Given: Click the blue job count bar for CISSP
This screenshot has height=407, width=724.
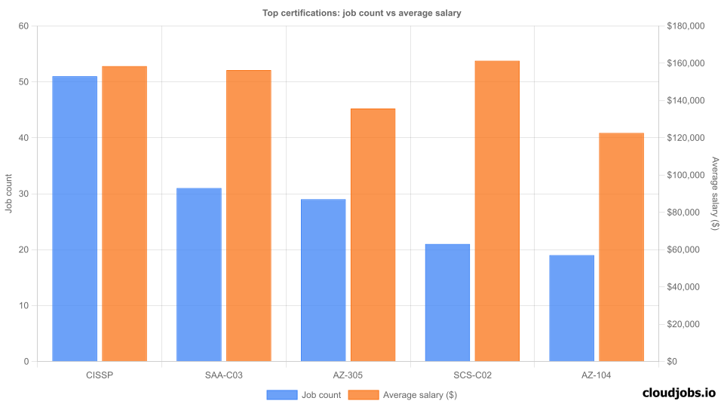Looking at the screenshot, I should click(x=75, y=219).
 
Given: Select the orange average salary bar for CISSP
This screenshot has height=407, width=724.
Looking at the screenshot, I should click(x=124, y=214).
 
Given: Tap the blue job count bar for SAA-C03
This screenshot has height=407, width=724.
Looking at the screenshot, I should click(x=199, y=274).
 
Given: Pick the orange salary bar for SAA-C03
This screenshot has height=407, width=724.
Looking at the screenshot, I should click(x=249, y=216).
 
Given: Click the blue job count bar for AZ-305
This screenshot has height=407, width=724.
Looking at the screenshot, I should click(x=323, y=280).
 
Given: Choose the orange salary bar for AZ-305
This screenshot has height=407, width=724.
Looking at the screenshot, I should click(x=373, y=235).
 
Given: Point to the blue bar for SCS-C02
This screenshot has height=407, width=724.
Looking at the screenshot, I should click(x=447, y=302).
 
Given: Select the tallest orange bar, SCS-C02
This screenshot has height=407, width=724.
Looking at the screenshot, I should click(x=497, y=211).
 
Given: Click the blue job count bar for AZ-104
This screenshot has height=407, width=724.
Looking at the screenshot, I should click(x=572, y=308).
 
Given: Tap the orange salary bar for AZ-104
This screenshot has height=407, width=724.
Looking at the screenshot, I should click(x=621, y=247).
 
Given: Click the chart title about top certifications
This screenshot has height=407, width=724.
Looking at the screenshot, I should click(x=361, y=13).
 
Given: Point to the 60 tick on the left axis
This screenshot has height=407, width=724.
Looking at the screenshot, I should click(x=23, y=26).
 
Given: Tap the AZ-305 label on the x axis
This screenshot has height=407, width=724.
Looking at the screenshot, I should click(x=348, y=375).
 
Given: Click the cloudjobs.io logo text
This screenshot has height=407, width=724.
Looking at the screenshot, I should click(x=679, y=393).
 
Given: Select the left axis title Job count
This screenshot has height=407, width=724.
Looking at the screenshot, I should click(x=9, y=194).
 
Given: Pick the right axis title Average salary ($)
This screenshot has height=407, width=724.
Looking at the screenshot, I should click(x=715, y=194).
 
